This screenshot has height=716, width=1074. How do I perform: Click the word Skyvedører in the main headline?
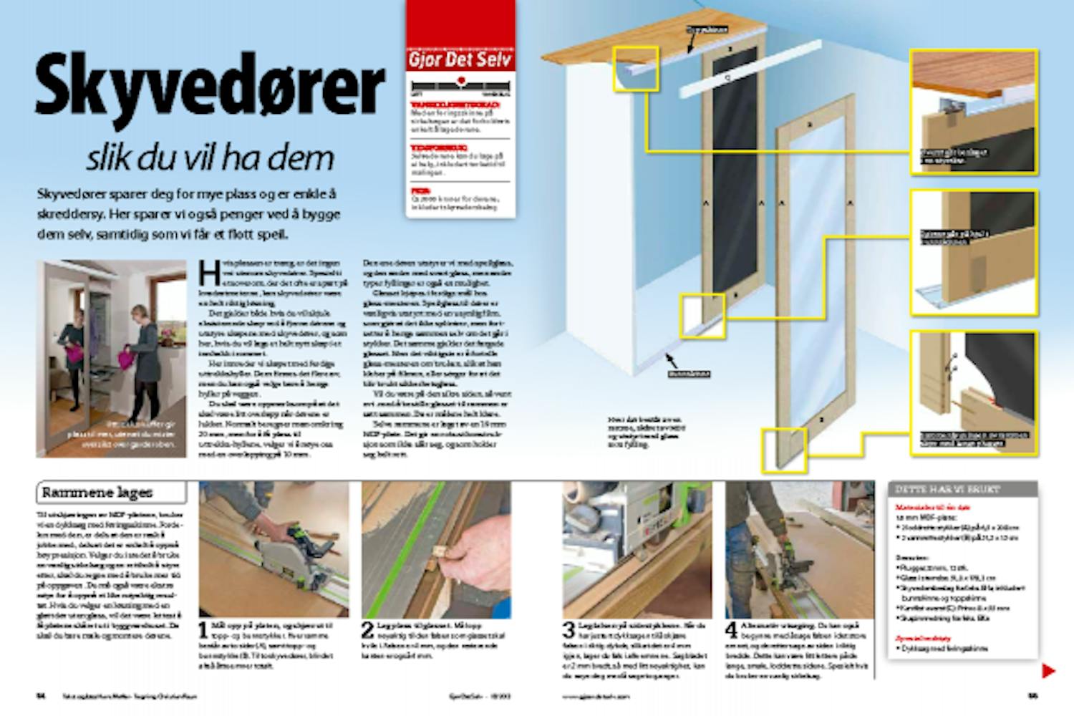tap(209, 86)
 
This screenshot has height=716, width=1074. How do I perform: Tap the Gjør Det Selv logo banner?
tap(460, 58)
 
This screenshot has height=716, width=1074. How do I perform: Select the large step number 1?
tap(203, 631)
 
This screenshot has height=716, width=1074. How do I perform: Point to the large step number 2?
tap(367, 631)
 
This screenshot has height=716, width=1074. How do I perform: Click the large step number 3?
tap(569, 631)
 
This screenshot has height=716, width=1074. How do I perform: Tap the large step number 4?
tap(731, 631)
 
